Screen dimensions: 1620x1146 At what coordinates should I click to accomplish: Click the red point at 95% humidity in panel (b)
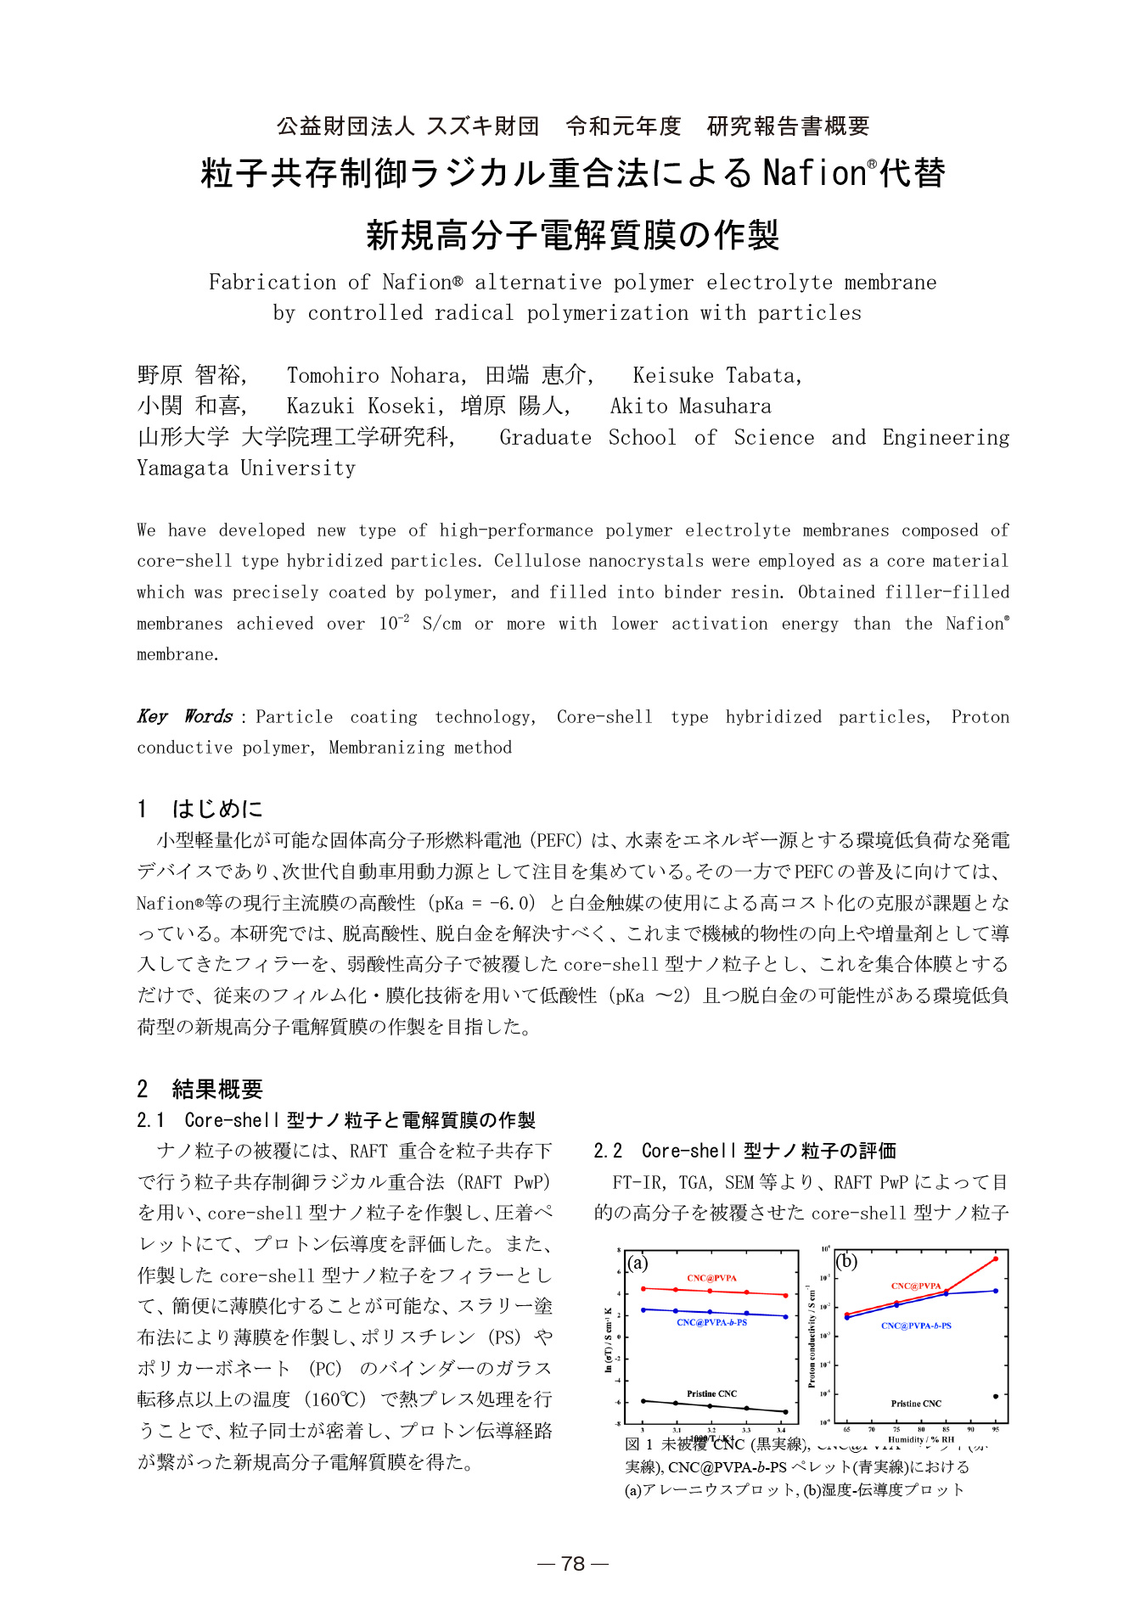pos(996,1258)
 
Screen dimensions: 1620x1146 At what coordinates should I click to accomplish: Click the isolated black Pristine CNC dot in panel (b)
pos(996,1396)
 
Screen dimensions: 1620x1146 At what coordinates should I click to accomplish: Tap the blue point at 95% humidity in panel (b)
pos(996,1291)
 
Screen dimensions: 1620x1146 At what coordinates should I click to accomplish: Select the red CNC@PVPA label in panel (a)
pos(711,1278)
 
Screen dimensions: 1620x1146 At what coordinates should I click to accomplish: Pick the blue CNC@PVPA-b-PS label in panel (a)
pos(711,1322)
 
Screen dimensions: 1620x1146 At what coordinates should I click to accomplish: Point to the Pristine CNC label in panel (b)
pos(916,1404)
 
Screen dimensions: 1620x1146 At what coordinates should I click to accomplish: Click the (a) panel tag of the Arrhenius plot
pos(638,1263)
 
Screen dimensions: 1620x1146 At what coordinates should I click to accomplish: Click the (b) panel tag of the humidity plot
pos(847,1261)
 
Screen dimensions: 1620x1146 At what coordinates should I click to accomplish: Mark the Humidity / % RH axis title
pos(921,1439)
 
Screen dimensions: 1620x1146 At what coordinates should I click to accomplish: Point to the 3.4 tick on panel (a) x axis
pos(781,1430)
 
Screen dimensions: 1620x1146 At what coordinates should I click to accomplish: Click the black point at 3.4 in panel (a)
pos(785,1412)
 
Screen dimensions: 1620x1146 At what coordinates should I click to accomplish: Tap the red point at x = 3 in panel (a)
pos(643,1288)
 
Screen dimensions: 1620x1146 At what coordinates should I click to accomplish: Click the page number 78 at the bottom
pos(573,1563)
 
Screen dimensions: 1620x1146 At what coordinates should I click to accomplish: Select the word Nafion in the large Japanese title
pos(815,173)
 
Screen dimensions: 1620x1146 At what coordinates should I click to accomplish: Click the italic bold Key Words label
pos(185,716)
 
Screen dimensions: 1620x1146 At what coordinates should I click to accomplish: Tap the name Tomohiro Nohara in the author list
pos(374,375)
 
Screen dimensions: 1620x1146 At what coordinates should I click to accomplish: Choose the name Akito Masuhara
pos(690,406)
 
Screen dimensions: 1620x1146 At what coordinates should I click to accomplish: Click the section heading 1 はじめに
pos(200,808)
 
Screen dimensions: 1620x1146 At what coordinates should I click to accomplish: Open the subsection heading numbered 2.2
pos(744,1151)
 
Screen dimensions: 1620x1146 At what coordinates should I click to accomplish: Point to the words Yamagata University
pos(246,468)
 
